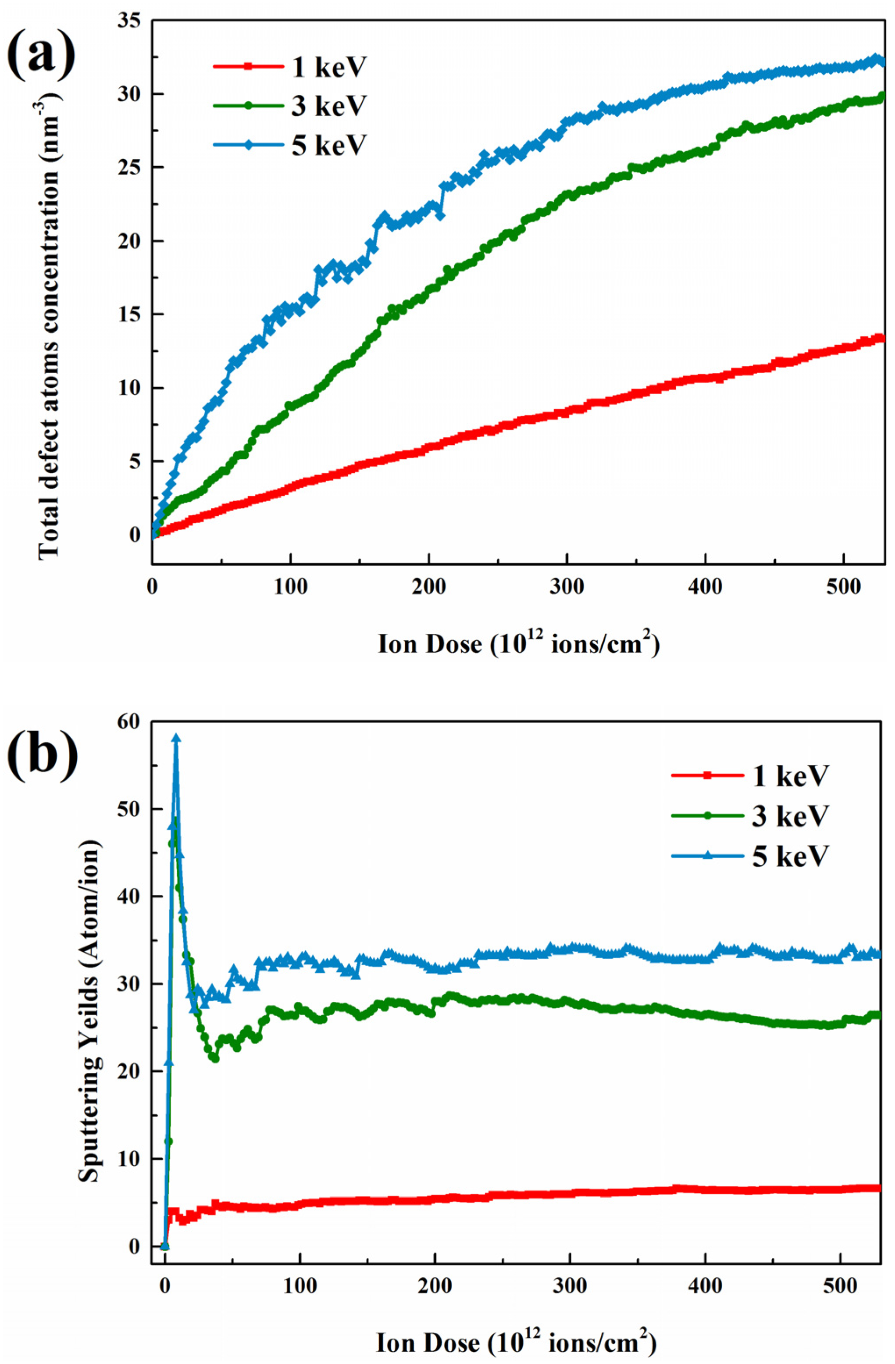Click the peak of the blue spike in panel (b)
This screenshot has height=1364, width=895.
click(x=176, y=738)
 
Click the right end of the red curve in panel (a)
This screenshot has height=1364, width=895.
click(x=882, y=338)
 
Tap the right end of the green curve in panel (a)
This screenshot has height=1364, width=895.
click(x=882, y=96)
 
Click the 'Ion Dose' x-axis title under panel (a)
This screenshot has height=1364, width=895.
click(x=519, y=644)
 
